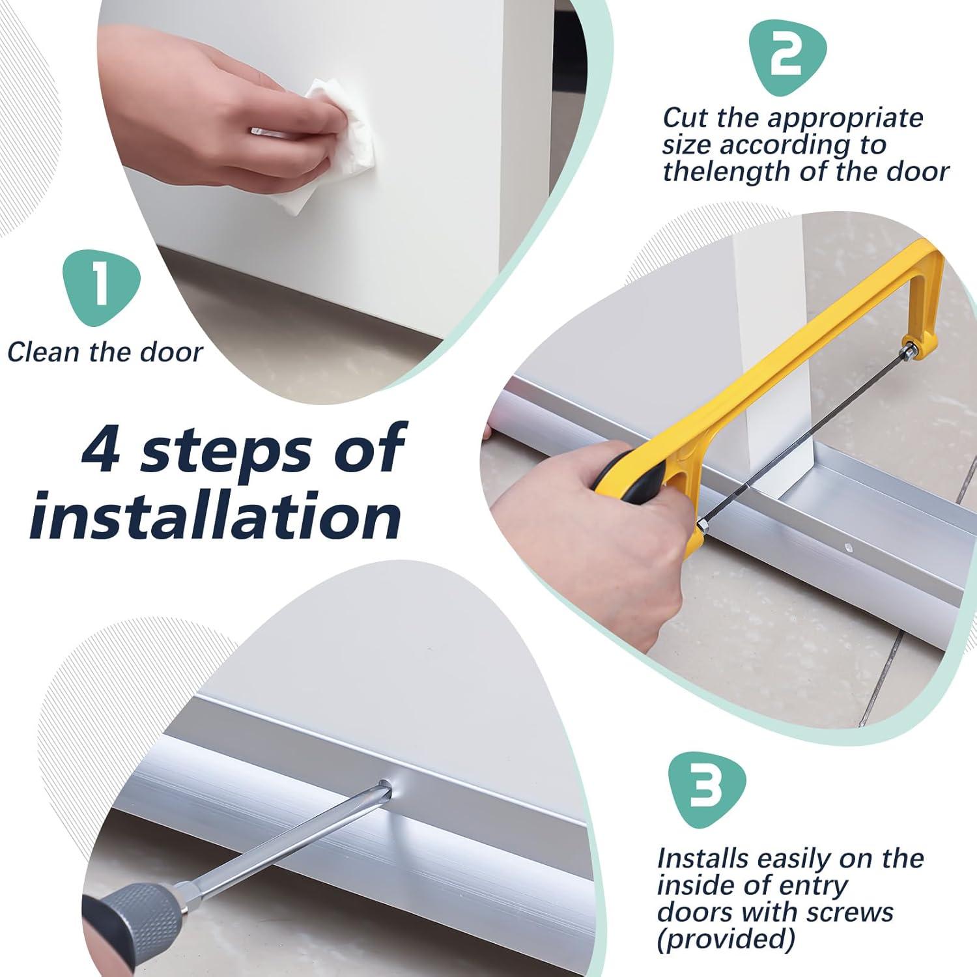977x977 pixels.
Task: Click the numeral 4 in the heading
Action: click(x=102, y=449)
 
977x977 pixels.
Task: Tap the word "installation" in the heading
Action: click(x=215, y=518)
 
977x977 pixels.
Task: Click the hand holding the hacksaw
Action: click(x=586, y=521)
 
